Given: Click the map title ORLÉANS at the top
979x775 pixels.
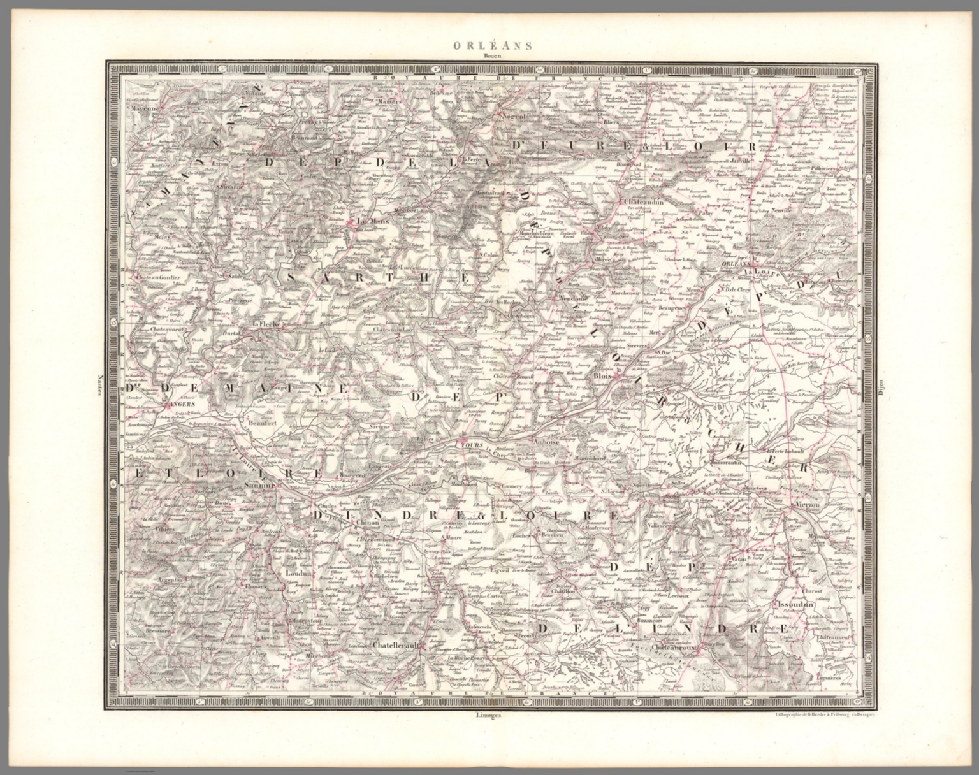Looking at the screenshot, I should click(x=488, y=45).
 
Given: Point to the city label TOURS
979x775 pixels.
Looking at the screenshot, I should click(x=472, y=444).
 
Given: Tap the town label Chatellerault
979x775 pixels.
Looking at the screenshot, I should click(x=395, y=645).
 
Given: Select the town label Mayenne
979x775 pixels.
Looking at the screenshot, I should click(x=145, y=109).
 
